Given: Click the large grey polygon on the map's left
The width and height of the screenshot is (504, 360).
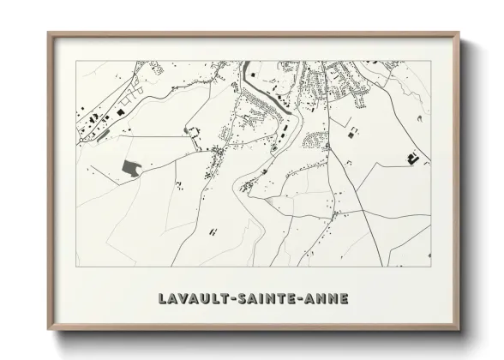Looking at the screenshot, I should (132, 167).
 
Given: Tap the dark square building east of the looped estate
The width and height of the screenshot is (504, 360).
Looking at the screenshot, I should (351, 130).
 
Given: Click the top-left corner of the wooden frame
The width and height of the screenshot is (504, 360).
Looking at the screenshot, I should (49, 33).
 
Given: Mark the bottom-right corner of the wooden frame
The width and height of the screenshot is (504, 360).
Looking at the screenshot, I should (457, 330).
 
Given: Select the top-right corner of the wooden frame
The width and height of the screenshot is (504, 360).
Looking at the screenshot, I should (457, 33).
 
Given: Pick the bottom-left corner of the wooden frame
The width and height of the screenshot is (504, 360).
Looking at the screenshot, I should (49, 330).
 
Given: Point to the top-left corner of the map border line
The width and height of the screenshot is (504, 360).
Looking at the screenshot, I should (77, 62).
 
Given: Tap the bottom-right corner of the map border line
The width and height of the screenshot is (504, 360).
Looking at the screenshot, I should (429, 268).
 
